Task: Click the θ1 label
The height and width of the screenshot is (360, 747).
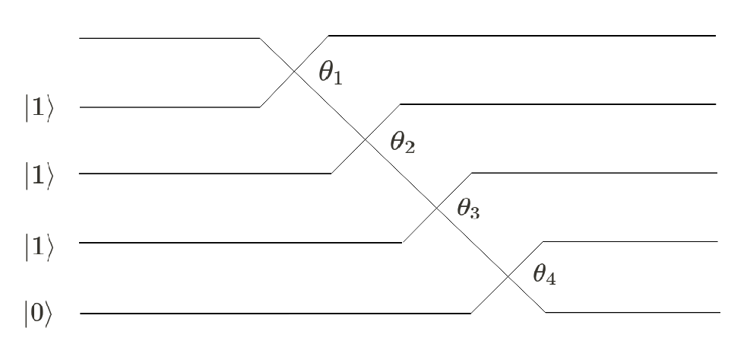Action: [330, 73]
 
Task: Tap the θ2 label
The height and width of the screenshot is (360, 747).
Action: [402, 142]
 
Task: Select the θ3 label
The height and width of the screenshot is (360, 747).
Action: [468, 209]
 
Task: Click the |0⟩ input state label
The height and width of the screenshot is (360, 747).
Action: [38, 314]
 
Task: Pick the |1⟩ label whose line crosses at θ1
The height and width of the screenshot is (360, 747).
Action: [38, 108]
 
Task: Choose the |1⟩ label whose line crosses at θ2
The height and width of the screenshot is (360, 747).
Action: [38, 175]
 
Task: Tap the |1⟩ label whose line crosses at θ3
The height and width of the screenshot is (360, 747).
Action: [38, 244]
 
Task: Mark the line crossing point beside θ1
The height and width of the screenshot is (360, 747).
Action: [294, 72]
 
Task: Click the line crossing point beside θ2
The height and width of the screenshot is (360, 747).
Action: [366, 140]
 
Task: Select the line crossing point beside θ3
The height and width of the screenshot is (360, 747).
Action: [437, 208]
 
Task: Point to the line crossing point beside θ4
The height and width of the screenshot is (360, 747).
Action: [508, 276]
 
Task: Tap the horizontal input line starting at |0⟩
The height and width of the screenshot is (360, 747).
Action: [274, 313]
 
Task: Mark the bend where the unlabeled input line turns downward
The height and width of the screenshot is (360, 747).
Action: [259, 37]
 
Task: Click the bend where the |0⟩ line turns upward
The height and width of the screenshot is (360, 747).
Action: [471, 313]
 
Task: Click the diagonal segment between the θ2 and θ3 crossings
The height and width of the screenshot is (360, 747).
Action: [401, 174]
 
